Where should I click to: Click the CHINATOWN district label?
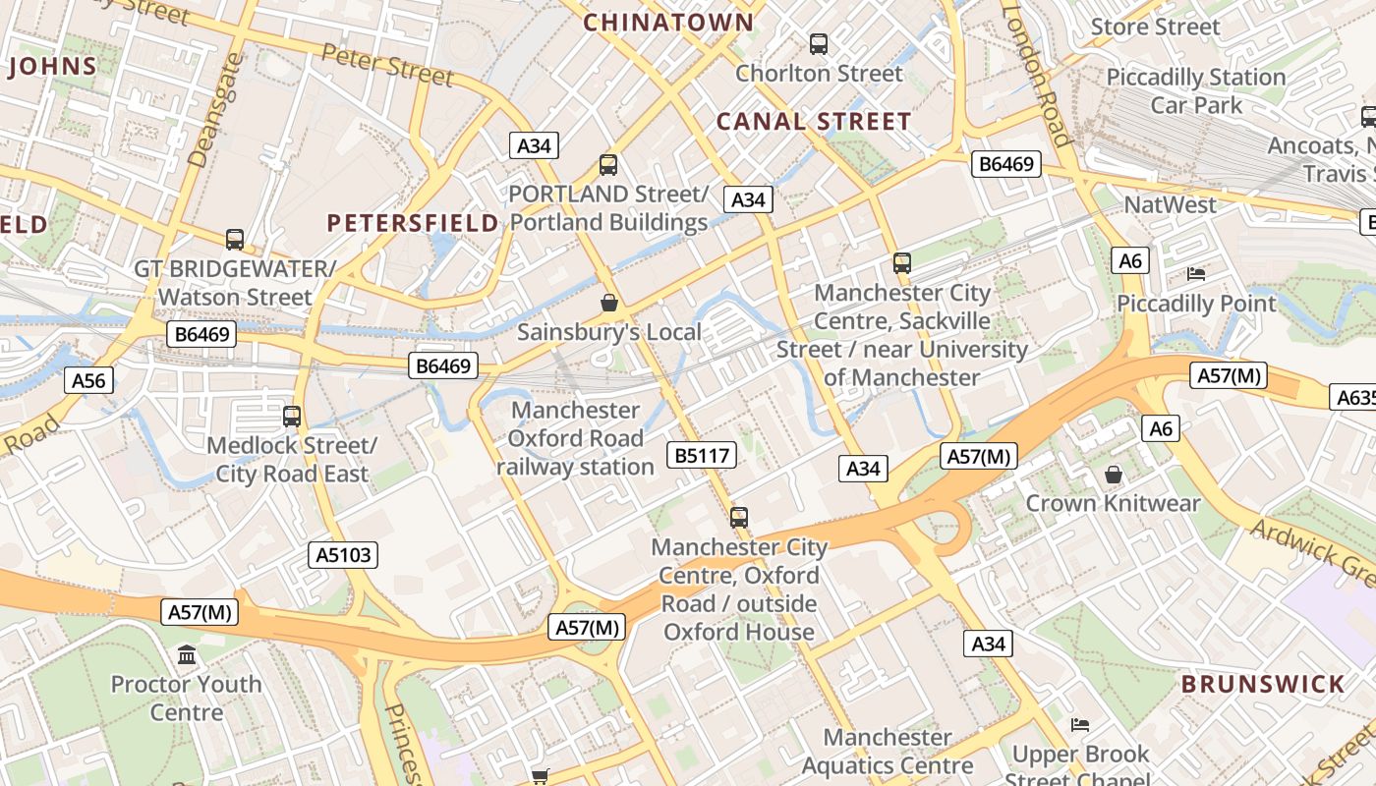[x=669, y=22]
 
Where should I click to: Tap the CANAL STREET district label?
[x=814, y=122]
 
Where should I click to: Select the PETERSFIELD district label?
[x=413, y=223]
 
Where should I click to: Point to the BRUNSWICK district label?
[x=1263, y=684]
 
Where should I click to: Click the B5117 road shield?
[x=702, y=455]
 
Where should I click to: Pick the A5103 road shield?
[x=344, y=555]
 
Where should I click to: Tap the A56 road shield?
[x=89, y=380]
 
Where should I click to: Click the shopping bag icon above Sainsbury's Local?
[x=609, y=303]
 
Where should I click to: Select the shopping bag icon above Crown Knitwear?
[x=1113, y=475]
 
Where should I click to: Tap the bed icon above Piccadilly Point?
[x=1196, y=273]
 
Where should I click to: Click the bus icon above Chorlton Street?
[x=819, y=43]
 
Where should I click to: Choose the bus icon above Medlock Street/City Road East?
[x=292, y=416]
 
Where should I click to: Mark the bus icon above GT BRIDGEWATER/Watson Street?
[x=235, y=239]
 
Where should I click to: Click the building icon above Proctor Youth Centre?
[x=187, y=654]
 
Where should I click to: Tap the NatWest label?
[x=1170, y=204]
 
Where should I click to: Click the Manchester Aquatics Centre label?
[x=888, y=751]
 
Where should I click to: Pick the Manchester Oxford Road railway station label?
[x=575, y=438]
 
